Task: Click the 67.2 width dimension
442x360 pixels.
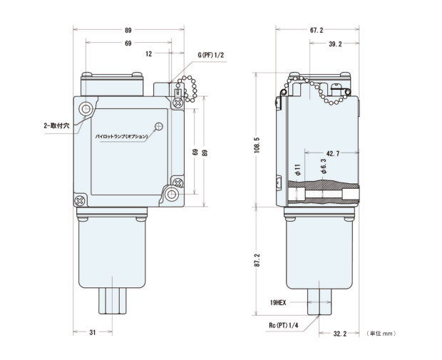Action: pos(317,30)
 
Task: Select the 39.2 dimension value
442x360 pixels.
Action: pos(335,43)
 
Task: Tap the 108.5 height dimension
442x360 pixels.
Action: pos(257,145)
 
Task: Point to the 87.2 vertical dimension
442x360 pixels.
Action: pos(257,260)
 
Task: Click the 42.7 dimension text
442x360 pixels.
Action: pos(333,153)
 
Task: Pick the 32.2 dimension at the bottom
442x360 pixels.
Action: pos(339,334)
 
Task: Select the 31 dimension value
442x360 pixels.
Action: pos(93,333)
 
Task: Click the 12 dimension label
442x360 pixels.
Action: pos(149,54)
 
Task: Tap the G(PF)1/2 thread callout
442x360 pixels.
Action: pos(210,55)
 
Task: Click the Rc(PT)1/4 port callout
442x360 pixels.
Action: pos(283,325)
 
